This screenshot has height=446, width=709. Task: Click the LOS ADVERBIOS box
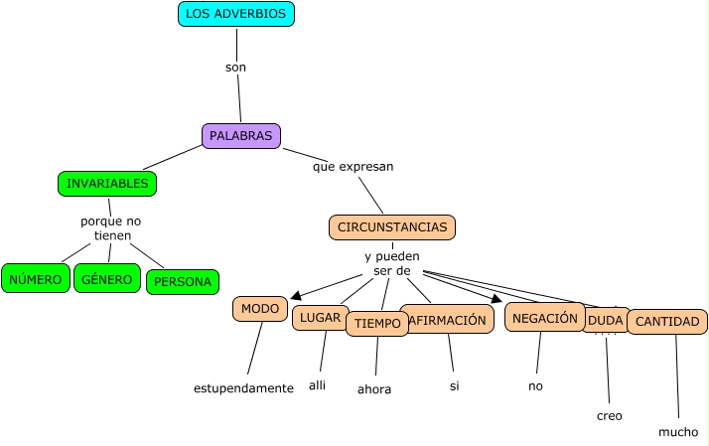(236, 14)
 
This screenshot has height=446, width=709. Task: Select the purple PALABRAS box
(240, 135)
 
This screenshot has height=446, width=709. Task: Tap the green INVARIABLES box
(107, 184)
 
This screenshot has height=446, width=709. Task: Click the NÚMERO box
(36, 279)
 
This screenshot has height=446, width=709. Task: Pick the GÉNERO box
(106, 279)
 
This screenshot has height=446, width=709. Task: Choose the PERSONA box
(182, 282)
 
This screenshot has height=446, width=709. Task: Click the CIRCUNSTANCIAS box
(392, 227)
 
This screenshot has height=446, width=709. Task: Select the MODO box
(260, 309)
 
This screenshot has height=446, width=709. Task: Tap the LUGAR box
(319, 318)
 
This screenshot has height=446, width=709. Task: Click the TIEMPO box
(377, 324)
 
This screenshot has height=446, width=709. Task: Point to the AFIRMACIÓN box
(449, 319)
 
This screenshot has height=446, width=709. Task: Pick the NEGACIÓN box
(544, 318)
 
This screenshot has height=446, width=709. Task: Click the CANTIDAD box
(668, 322)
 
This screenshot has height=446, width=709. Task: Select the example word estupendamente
(243, 388)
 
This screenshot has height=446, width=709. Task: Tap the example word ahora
(374, 389)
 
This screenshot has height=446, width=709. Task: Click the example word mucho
(678, 432)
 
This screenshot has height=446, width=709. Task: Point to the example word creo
(610, 416)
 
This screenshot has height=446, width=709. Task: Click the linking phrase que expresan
(353, 167)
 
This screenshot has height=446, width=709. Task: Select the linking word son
(235, 68)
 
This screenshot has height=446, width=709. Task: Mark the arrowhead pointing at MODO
(296, 293)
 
